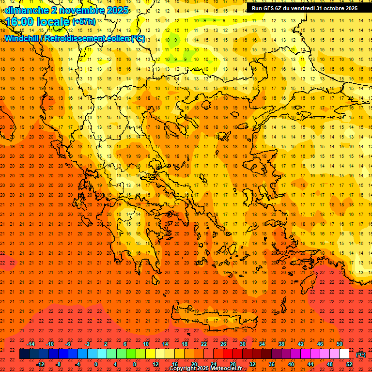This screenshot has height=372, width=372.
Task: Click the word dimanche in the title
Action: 27,10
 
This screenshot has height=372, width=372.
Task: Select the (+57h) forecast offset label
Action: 84,22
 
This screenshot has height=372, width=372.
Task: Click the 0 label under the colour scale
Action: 96,364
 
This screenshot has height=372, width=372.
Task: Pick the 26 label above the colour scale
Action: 223,344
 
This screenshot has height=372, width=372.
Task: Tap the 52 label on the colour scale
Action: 349,364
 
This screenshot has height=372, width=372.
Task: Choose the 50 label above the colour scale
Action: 339,344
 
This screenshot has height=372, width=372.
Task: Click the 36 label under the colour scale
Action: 272,364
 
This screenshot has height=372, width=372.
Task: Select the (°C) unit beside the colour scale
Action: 360,355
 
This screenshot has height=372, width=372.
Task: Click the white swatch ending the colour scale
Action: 344,354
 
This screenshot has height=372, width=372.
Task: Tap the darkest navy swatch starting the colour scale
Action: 24,354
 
